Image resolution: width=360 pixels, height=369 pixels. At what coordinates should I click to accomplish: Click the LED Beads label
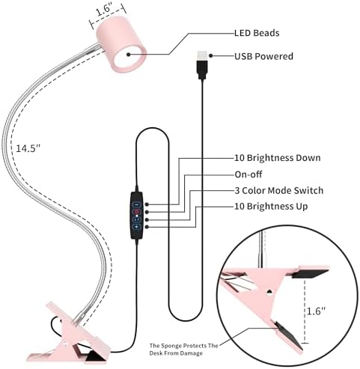[257, 33]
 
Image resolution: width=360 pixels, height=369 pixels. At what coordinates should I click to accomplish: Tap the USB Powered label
[263, 56]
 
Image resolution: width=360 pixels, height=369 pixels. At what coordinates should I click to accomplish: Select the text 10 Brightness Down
[278, 158]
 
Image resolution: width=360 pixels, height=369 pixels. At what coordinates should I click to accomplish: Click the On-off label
[248, 174]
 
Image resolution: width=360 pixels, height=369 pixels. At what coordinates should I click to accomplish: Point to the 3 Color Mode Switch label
[279, 191]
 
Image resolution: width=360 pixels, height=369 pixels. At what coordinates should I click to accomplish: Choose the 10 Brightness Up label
[271, 207]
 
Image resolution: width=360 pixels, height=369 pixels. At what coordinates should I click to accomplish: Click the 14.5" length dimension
[28, 148]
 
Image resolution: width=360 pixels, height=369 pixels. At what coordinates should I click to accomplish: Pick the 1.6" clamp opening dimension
[316, 311]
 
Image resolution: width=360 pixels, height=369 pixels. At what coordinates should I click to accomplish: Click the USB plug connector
[202, 65]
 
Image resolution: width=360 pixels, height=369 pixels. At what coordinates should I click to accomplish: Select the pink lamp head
[122, 44]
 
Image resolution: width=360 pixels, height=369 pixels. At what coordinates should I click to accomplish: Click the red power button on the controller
[136, 212]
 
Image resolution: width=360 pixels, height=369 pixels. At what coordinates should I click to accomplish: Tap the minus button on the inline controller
[136, 204]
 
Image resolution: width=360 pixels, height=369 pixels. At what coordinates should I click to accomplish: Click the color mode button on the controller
[136, 219]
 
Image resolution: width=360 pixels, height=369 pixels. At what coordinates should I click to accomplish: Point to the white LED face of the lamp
[130, 57]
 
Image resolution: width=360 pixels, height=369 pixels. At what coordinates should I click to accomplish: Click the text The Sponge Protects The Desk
[183, 350]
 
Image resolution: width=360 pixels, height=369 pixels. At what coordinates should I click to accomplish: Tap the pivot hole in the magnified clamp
[269, 291]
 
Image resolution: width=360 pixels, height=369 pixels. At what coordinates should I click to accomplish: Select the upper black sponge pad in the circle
[310, 274]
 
